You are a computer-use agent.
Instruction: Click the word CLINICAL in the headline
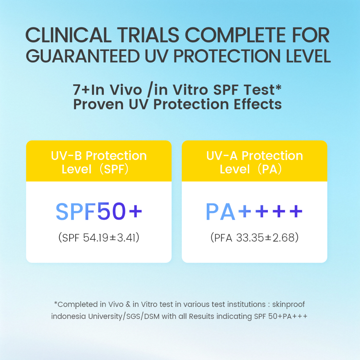coord(69,35)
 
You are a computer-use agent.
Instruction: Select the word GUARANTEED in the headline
coord(83,56)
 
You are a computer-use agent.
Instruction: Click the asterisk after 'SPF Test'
coord(278,87)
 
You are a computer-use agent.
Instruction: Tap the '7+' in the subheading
coord(82,90)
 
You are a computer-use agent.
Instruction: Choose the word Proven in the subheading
coord(98,105)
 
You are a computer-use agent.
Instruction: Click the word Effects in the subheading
coord(258,104)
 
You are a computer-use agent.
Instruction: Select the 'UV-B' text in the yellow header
coord(66,156)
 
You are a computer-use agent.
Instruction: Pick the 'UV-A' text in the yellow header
coord(222,156)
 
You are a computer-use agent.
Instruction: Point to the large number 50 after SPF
coord(111,211)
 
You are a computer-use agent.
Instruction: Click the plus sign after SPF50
coord(135,211)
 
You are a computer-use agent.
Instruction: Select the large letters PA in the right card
coord(220,211)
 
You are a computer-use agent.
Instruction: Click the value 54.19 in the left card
coord(96,237)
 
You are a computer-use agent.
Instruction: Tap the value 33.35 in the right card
coord(250,237)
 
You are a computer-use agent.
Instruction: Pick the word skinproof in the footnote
coord(288,304)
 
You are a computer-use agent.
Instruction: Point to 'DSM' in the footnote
coord(152,316)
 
